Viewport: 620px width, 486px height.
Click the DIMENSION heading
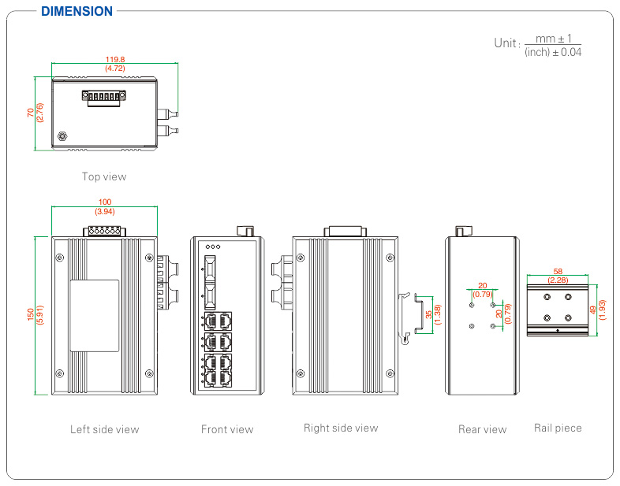(x=77, y=11)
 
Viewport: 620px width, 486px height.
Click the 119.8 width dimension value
(x=116, y=58)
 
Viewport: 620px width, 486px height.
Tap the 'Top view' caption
(x=104, y=176)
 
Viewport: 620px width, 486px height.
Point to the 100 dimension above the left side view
(x=104, y=202)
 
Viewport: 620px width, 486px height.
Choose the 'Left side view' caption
(x=104, y=429)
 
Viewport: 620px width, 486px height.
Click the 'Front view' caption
(x=227, y=429)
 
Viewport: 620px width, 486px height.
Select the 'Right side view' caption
(x=341, y=428)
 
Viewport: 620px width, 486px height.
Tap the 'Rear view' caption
(x=482, y=429)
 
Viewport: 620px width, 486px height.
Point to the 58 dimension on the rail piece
(x=558, y=270)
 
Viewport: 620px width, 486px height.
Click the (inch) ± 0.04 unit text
(x=553, y=52)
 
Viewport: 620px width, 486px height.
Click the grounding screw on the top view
(x=62, y=136)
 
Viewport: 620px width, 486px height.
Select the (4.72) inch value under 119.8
(x=116, y=69)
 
